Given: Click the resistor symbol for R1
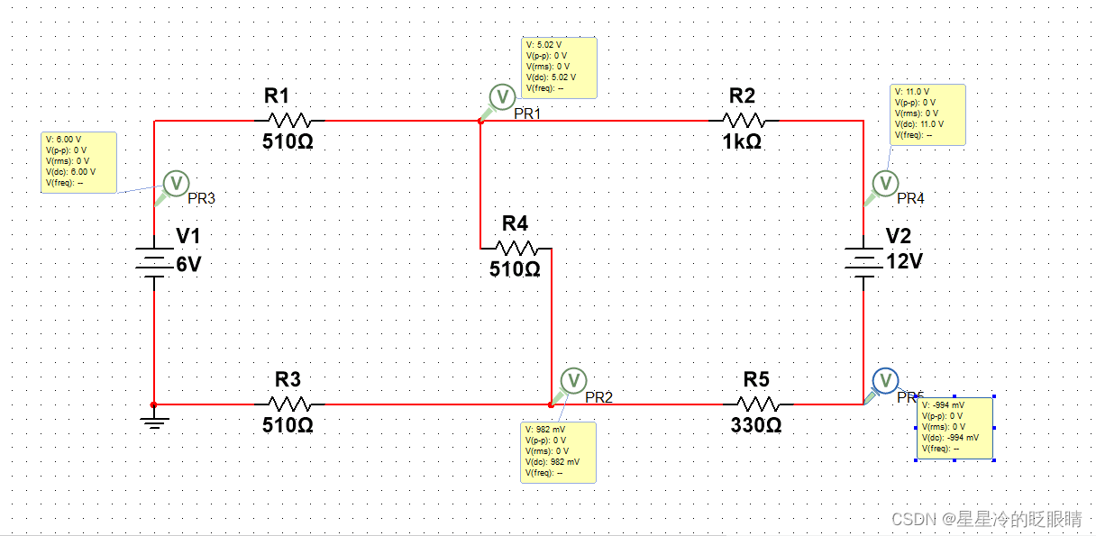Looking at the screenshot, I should tap(288, 120).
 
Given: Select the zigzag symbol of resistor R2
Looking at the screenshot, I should tap(744, 120).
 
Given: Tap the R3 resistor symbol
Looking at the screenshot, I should tap(288, 404).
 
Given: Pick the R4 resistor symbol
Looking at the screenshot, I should tap(516, 248).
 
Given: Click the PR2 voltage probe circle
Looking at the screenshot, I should tap(573, 379).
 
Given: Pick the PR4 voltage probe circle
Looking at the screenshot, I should tap(886, 183).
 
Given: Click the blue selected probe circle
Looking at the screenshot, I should tap(886, 379).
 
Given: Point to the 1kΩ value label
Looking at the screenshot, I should tap(742, 141).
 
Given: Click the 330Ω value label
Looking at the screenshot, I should tap(756, 425).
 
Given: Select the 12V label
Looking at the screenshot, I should tap(904, 261).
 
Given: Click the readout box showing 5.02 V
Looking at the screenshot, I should tap(559, 67).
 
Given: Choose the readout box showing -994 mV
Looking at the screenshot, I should tap(954, 427).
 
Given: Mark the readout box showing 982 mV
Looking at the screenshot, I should tap(558, 451).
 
